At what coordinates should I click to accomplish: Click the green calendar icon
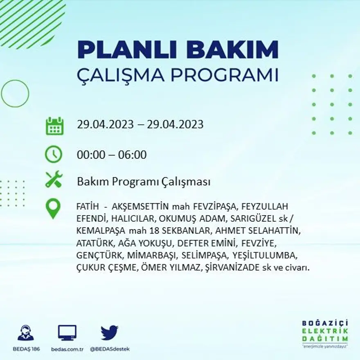54,126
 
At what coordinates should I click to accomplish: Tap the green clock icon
54,155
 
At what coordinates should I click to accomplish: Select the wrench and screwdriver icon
54,180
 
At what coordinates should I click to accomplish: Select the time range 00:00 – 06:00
112,155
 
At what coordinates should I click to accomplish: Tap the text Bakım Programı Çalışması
144,182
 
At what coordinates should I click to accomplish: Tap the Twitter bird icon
109,333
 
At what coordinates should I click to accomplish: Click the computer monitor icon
67,333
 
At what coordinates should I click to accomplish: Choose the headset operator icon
26,333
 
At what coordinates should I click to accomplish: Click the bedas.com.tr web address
67,349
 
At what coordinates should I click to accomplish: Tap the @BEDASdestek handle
110,349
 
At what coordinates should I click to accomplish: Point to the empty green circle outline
15,93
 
